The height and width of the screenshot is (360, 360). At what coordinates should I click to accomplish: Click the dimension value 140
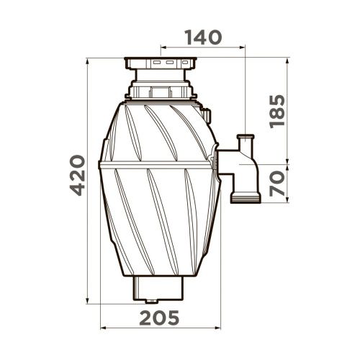tap(204, 37)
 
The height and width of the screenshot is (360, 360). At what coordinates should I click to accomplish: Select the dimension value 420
tap(78, 175)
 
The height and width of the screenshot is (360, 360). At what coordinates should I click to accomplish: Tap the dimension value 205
tap(159, 318)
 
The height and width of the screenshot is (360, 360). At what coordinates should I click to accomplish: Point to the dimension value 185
tap(277, 112)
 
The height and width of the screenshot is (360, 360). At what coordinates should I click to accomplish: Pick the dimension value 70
tap(277, 184)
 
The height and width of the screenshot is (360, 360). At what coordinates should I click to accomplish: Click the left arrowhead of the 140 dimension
tap(163, 48)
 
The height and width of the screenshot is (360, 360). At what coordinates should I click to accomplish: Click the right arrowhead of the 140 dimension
tap(243, 48)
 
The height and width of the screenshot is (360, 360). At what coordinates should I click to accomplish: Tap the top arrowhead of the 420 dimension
tap(87, 61)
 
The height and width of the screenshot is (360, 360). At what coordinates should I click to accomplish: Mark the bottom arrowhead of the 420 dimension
tap(87, 301)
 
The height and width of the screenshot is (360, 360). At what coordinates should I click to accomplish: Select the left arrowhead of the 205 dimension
tap(103, 328)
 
